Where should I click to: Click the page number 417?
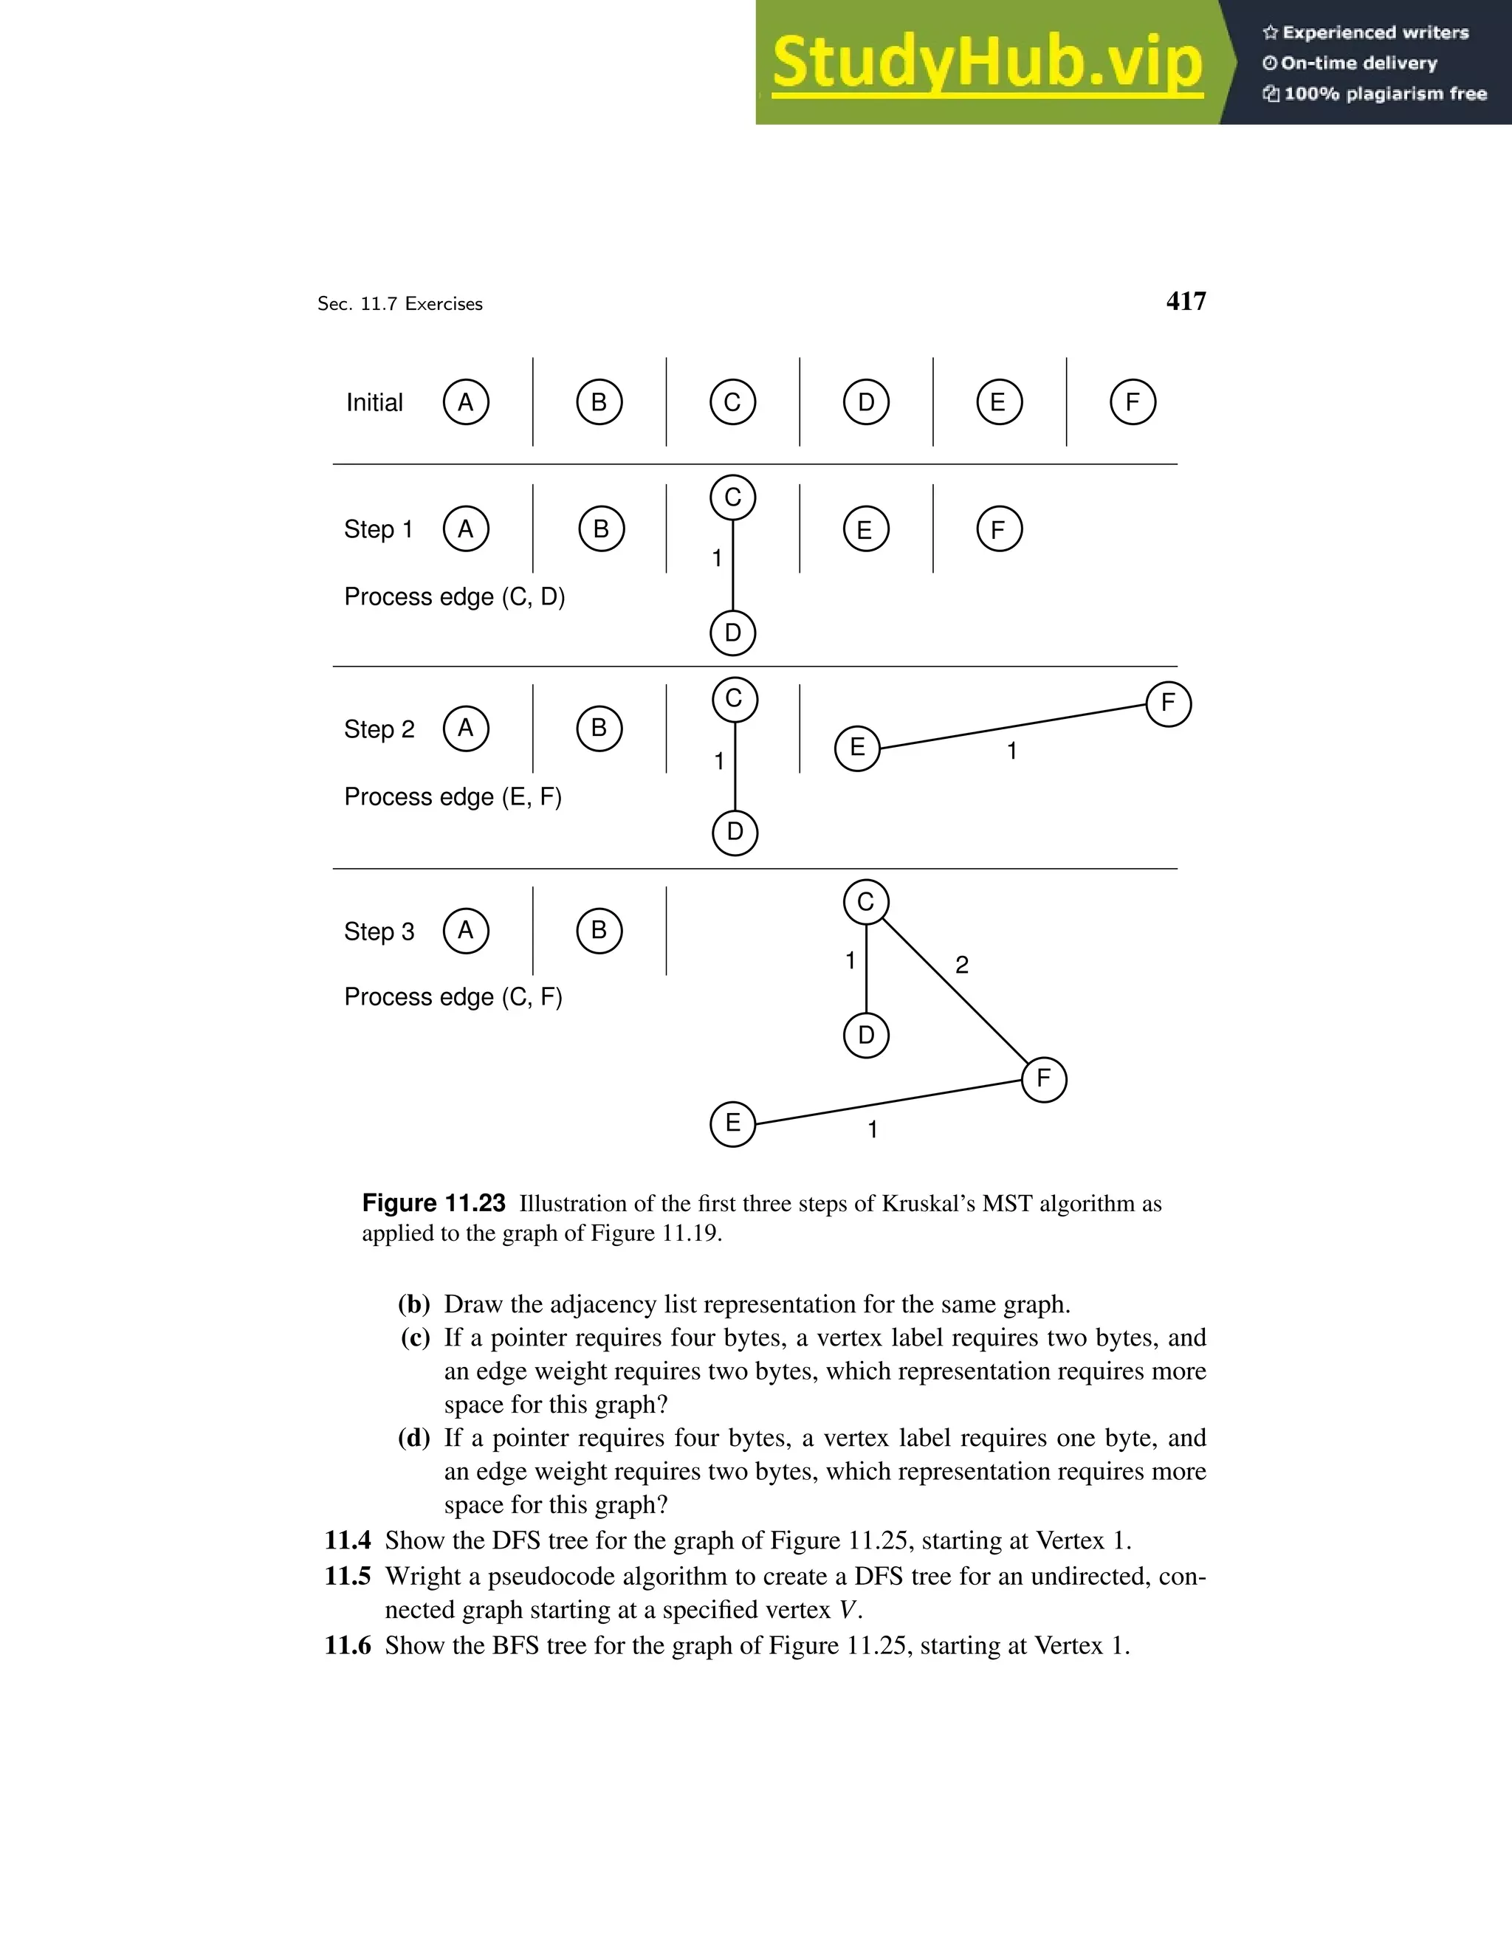1185,301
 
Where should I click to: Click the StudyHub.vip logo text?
986,63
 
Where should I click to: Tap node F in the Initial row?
1133,402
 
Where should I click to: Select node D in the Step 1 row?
732,633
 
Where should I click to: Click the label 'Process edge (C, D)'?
454,596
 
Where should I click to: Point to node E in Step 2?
857,747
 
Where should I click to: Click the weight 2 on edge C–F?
962,965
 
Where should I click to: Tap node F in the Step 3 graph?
1043,1078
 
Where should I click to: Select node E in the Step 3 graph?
732,1123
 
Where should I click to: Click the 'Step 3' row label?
379,931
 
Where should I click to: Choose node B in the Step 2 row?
599,728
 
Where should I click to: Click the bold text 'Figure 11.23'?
433,1203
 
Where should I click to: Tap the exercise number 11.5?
348,1575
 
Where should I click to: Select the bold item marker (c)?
415,1338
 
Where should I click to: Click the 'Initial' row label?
374,402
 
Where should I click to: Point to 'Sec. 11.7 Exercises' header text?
399,303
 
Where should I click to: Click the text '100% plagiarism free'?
1384,93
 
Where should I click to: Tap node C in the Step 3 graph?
865,902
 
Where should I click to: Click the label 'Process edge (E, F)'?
453,796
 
